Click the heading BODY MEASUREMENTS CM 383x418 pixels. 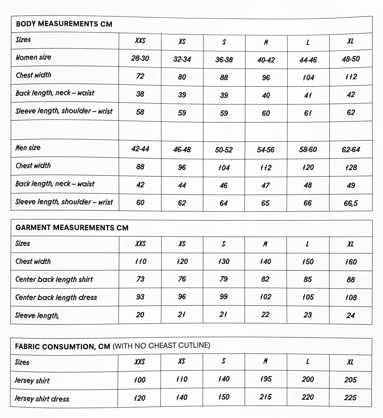[64, 24]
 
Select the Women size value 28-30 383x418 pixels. [140, 58]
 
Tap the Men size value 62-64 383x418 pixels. [351, 150]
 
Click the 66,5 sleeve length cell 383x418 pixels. [351, 203]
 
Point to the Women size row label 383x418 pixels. [33, 57]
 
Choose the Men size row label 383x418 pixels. [28, 148]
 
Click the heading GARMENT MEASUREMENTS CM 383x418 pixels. [72, 228]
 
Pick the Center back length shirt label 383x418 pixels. [54, 279]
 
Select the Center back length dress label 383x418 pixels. [56, 297]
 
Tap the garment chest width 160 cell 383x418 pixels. [351, 262]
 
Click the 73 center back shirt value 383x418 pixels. [140, 279]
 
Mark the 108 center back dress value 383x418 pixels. [351, 297]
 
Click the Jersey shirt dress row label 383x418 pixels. [42, 399]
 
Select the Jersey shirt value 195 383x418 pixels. [265, 379]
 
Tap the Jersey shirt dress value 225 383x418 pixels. [350, 397]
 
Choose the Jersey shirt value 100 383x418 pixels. [139, 380]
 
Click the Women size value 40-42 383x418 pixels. [266, 60]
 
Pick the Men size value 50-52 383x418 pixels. [224, 150]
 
